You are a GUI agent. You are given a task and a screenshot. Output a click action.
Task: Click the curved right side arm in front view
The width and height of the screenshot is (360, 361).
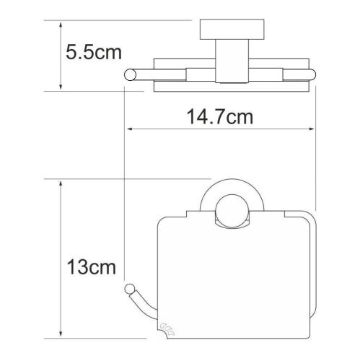tap(315, 238)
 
